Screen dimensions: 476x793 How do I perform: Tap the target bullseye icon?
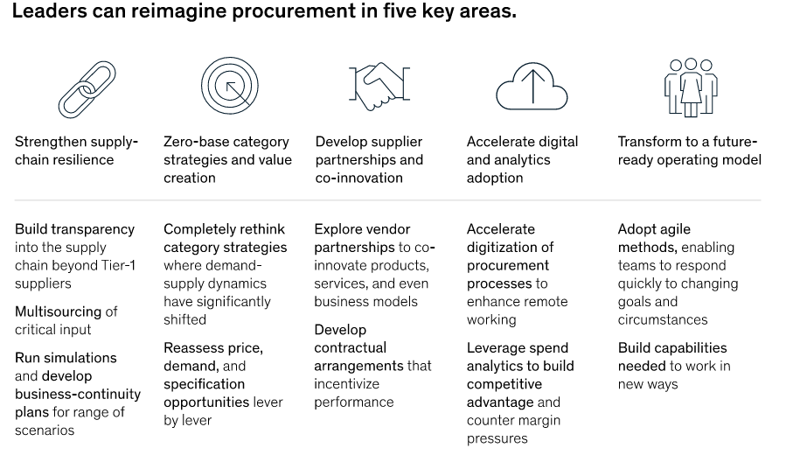click(229, 87)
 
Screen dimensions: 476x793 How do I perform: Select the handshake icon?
click(380, 88)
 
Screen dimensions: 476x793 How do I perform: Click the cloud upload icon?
click(532, 88)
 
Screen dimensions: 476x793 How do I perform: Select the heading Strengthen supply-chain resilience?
click(76, 150)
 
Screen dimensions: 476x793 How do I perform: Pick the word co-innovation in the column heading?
click(358, 178)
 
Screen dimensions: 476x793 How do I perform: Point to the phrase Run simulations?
click(66, 358)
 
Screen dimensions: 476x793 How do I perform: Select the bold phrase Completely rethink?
click(224, 229)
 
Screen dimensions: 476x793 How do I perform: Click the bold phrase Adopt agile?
click(654, 229)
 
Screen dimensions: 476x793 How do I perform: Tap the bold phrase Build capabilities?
click(671, 347)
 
